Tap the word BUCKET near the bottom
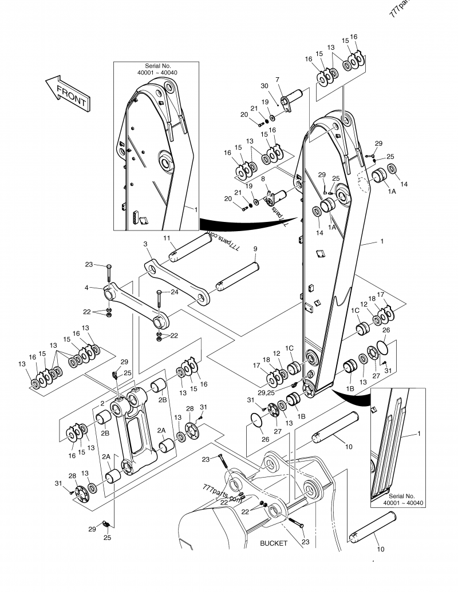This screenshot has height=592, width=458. [274, 543]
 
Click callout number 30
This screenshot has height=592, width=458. [264, 86]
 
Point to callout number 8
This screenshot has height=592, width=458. [262, 179]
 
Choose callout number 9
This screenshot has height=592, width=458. [255, 249]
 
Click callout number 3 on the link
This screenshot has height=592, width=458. [145, 244]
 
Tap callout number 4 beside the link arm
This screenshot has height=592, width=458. [86, 288]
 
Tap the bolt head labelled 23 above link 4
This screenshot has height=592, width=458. [108, 266]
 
